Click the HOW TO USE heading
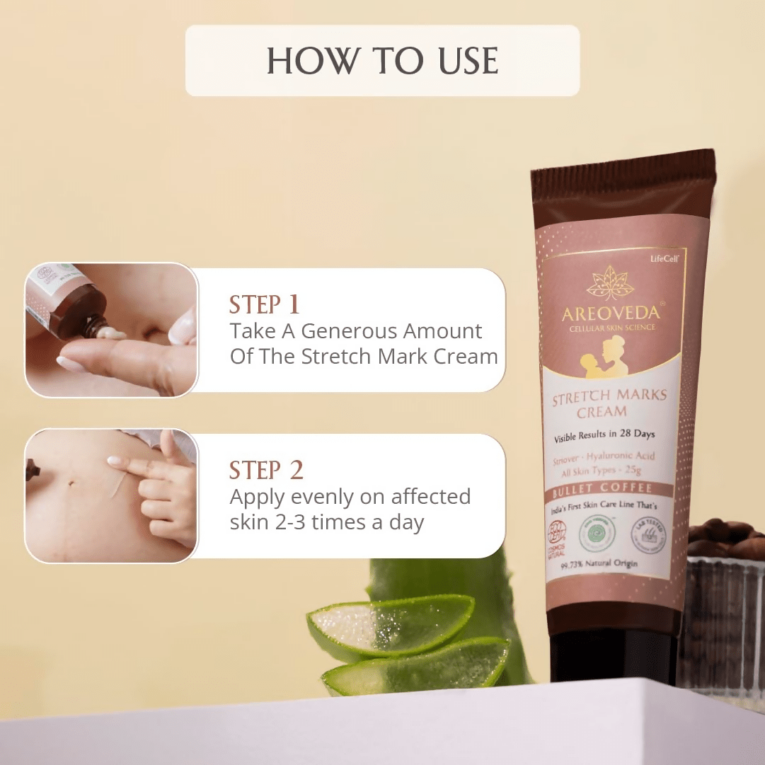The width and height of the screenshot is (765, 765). click(x=382, y=61)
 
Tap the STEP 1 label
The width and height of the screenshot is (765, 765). click(x=265, y=305)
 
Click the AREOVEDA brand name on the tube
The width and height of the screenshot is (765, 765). click(x=611, y=311)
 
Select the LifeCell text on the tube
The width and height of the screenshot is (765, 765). click(x=665, y=259)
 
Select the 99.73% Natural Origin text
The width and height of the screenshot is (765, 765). click(x=599, y=564)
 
